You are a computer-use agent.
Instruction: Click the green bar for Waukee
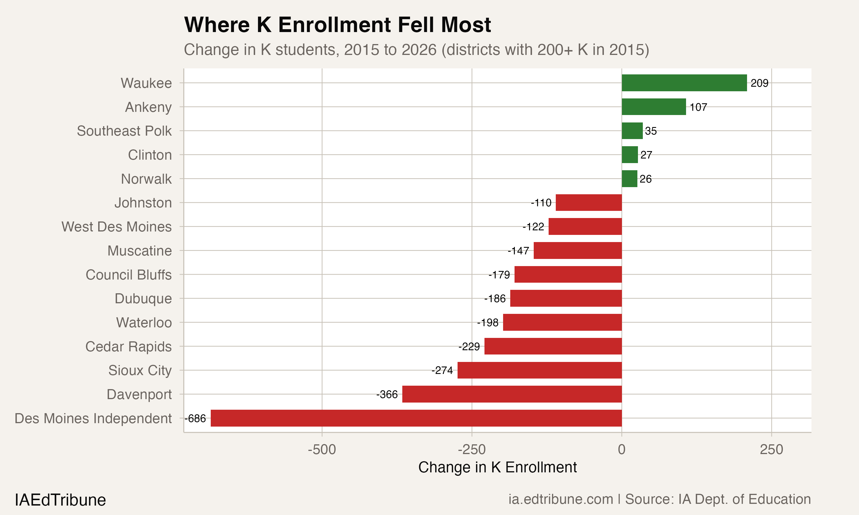click(684, 83)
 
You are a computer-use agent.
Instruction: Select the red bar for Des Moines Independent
click(416, 418)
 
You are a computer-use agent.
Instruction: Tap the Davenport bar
click(512, 394)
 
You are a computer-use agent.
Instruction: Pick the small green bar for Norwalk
click(629, 179)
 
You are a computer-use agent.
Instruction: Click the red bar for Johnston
click(588, 203)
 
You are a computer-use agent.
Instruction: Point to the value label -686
click(196, 419)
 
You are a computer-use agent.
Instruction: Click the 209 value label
click(759, 83)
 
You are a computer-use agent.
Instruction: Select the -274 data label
click(442, 371)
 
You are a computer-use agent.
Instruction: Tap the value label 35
click(651, 131)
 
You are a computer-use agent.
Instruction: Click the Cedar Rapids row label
click(129, 347)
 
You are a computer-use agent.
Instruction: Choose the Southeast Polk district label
click(124, 131)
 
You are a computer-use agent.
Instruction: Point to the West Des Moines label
click(116, 227)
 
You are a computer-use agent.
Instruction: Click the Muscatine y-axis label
click(139, 251)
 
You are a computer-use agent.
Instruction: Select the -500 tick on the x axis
click(322, 450)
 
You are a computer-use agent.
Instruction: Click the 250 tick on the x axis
click(771, 450)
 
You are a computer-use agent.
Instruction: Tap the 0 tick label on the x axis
click(622, 450)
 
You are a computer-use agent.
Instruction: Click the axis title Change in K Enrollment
click(497, 468)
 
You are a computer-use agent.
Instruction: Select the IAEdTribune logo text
click(60, 500)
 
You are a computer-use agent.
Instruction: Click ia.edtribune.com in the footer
click(560, 499)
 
